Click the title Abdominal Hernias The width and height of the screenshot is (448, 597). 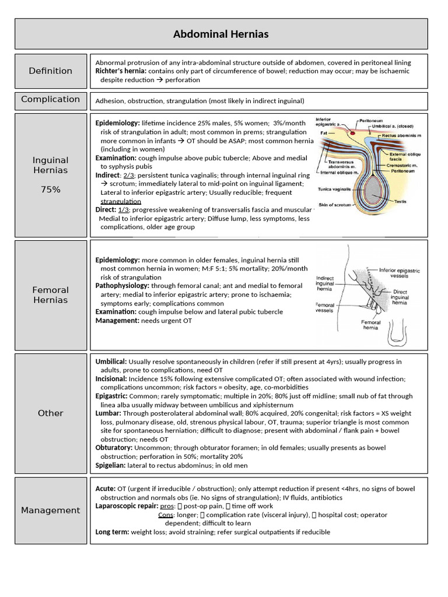221,34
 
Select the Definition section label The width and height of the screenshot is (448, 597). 51,71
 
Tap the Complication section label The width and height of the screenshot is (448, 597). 51,99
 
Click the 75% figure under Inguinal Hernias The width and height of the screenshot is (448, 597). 51,189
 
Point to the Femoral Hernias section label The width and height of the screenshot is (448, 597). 51,295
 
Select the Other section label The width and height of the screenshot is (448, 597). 51,413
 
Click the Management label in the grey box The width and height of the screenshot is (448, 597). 51,510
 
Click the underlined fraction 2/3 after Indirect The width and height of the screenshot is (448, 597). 129,175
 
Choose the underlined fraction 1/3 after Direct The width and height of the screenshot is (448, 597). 124,210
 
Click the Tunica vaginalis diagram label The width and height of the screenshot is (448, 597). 334,189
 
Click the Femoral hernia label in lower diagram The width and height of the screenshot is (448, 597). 371,325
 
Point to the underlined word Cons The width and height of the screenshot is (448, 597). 166,515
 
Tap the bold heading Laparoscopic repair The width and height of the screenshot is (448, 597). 125,507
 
